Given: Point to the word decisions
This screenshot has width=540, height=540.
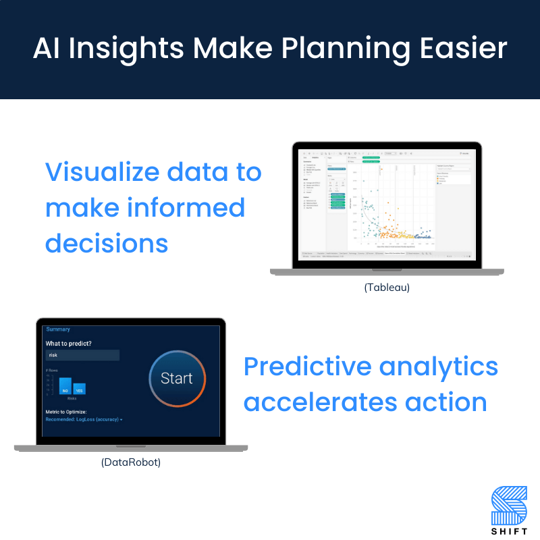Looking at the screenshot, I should click(x=106, y=243).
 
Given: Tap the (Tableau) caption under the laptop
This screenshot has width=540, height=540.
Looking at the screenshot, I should click(x=387, y=287).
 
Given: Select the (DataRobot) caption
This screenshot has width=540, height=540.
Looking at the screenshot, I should click(x=131, y=462).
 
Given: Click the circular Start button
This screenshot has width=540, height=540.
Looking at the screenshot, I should click(x=177, y=379).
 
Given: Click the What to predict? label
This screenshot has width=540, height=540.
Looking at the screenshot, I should click(x=69, y=344).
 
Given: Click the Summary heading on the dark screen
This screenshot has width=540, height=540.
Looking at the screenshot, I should click(x=58, y=329).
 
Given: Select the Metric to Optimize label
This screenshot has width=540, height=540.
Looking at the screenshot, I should click(x=76, y=412).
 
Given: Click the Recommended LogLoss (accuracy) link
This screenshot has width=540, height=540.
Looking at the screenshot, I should click(x=84, y=419).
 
